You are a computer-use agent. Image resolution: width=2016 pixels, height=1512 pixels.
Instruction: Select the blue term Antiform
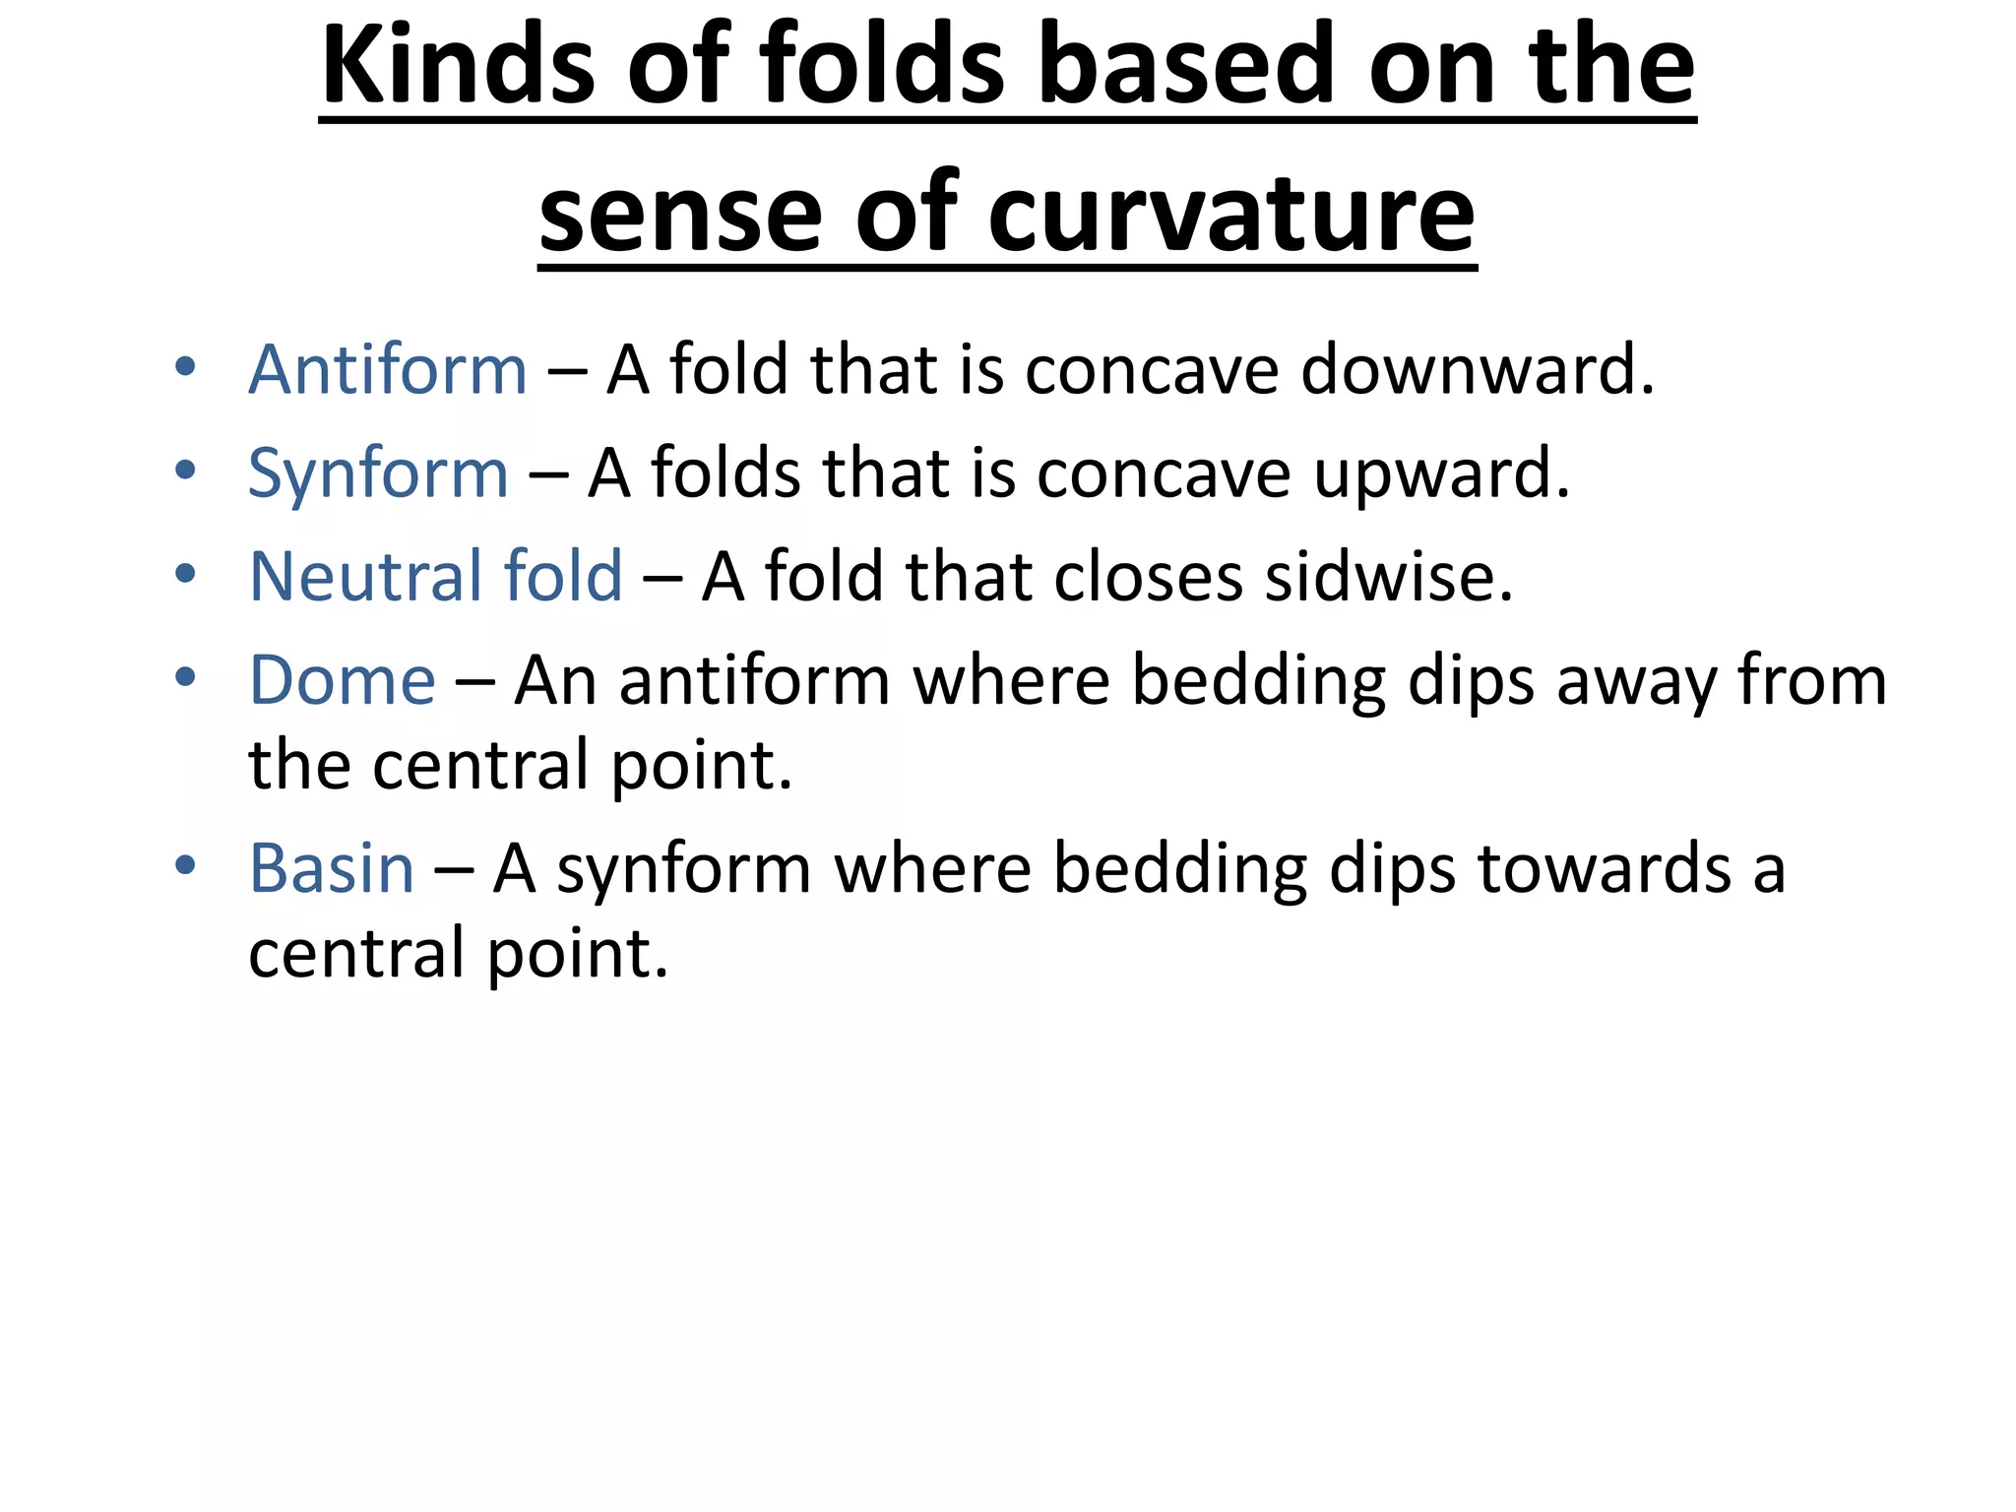[x=388, y=370]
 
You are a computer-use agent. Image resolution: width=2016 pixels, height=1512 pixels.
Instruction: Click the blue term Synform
[x=378, y=474]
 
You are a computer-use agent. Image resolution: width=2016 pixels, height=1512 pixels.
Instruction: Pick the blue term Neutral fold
[x=435, y=577]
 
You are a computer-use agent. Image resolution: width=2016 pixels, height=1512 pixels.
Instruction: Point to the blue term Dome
[x=342, y=681]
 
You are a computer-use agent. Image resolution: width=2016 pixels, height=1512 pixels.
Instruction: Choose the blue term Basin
[x=331, y=869]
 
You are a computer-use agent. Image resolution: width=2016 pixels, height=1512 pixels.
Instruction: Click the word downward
[x=1478, y=370]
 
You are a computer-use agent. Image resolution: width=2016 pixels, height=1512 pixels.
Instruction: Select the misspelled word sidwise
[x=1388, y=577]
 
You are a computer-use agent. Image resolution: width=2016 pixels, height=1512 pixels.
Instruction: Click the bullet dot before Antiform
[x=185, y=368]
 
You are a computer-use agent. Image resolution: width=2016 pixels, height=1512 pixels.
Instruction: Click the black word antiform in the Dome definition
[x=754, y=681]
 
